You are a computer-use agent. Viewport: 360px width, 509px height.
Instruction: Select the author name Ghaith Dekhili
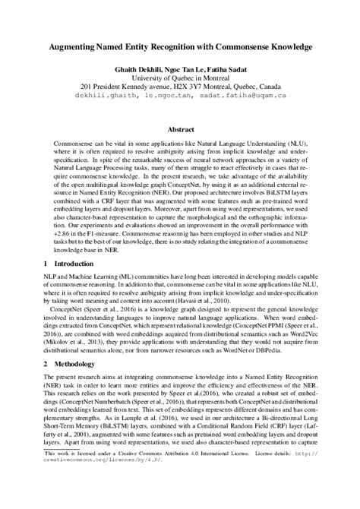[135, 68]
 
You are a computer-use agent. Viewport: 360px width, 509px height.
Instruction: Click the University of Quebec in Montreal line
[180, 77]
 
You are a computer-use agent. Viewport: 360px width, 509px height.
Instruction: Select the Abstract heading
[180, 130]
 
